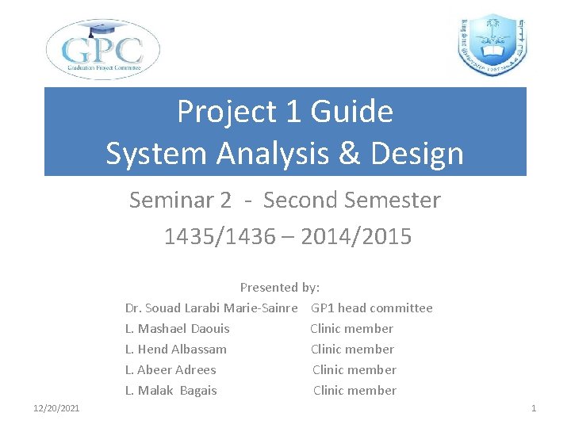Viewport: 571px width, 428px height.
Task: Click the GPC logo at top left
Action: [103, 49]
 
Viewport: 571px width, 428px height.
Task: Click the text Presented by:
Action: [280, 287]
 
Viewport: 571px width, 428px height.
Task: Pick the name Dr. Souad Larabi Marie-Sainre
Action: [211, 308]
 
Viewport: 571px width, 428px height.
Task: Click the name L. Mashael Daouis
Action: [177, 328]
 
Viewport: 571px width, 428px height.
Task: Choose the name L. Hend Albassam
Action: [175, 349]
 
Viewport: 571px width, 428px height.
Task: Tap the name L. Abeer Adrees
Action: [171, 369]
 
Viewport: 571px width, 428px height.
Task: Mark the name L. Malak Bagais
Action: [171, 390]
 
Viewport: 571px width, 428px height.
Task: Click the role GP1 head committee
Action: [372, 308]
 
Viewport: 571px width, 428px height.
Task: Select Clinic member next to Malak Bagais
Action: [354, 390]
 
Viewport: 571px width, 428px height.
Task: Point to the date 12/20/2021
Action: [56, 408]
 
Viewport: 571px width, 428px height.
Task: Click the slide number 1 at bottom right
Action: [534, 408]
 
